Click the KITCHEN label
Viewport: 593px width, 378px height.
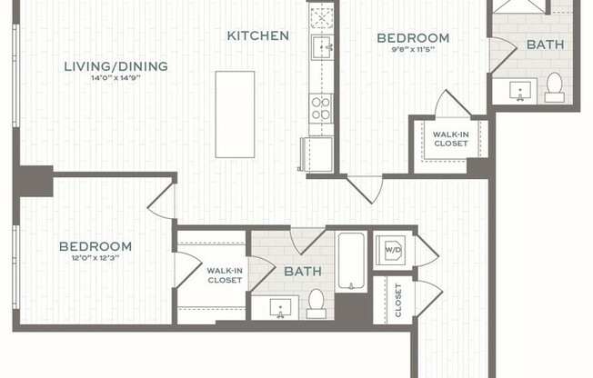click(x=258, y=36)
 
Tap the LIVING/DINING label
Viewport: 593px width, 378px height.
click(x=116, y=65)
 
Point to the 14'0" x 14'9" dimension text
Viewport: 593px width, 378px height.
click(x=116, y=78)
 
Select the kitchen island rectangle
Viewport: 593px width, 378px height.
click(x=235, y=114)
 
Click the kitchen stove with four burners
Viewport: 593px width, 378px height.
click(x=321, y=108)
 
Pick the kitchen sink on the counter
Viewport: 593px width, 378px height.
click(x=322, y=45)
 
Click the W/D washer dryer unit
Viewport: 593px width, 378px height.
click(x=393, y=248)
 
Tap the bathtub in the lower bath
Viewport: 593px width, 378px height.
click(x=351, y=262)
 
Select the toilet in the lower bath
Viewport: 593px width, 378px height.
click(x=317, y=302)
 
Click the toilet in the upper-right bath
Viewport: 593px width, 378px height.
click(x=554, y=86)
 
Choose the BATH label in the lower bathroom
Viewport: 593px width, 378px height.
click(x=302, y=272)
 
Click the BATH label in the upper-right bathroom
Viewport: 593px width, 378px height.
click(x=545, y=44)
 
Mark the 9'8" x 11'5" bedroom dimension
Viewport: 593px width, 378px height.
click(x=413, y=50)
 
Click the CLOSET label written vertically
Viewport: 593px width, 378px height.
click(x=398, y=299)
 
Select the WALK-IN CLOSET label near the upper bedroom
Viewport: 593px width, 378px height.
click(x=450, y=139)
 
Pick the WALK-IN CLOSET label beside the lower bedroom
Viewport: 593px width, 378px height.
click(x=224, y=275)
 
